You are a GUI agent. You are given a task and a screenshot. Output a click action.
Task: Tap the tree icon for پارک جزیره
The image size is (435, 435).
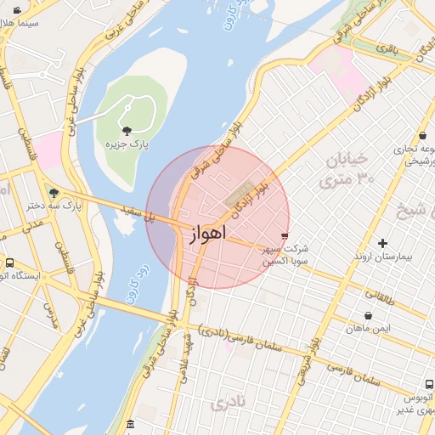127,131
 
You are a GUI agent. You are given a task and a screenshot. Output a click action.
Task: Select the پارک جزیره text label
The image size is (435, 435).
127,145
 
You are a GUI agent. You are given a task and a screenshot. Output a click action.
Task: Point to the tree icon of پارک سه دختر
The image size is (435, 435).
54,193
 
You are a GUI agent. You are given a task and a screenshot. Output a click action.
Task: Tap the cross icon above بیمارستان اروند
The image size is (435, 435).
381,244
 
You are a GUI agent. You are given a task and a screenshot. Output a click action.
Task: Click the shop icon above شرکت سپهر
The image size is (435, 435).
285,236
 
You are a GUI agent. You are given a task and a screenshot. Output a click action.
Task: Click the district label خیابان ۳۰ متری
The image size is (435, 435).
347,169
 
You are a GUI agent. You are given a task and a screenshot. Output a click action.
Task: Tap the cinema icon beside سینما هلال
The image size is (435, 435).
17,10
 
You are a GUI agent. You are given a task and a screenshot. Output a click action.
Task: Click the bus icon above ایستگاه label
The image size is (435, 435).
9,263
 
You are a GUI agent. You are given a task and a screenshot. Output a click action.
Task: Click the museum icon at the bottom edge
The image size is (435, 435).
129,423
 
